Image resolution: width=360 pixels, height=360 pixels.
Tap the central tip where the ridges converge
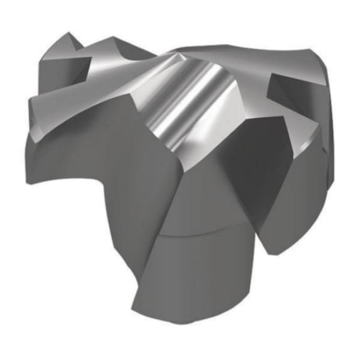click(180, 54)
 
